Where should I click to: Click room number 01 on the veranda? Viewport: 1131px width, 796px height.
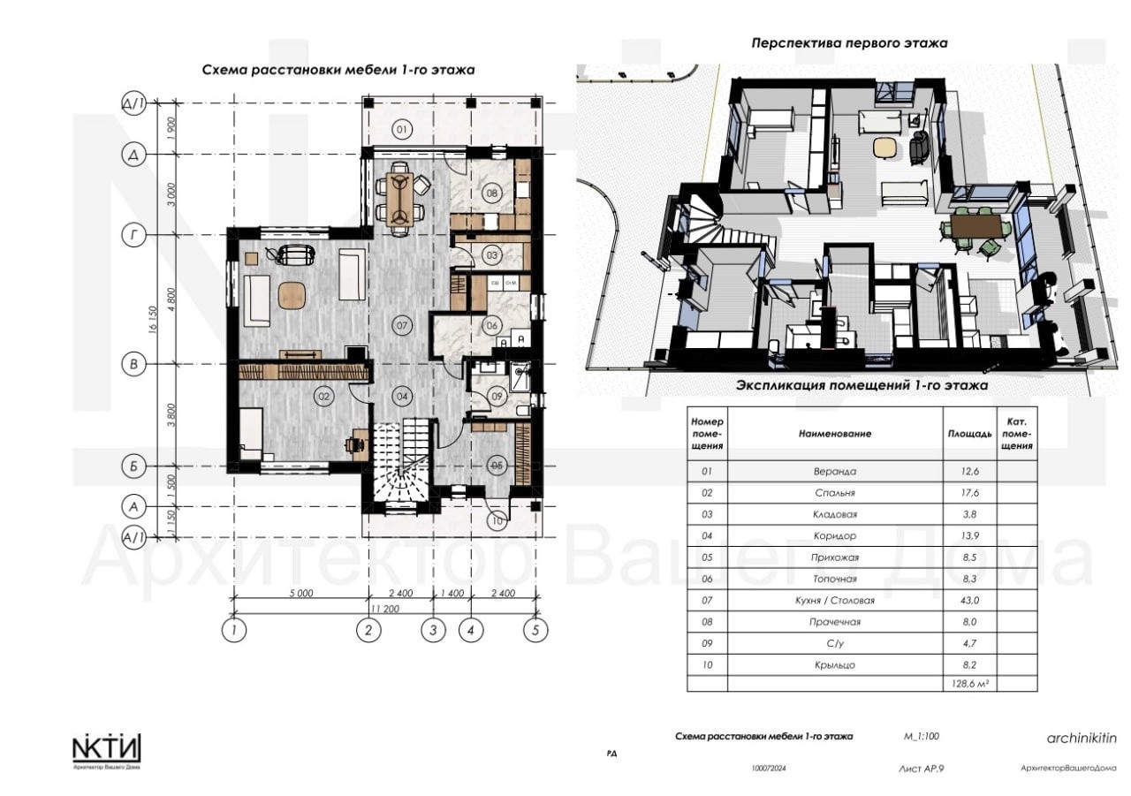(400, 131)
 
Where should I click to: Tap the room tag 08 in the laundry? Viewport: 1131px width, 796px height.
(492, 193)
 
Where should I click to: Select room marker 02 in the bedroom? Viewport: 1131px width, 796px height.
(324, 398)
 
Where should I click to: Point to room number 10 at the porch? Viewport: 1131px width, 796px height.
(497, 521)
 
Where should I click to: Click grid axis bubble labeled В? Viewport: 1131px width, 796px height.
(133, 363)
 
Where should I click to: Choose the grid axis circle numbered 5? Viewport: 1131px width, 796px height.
(534, 630)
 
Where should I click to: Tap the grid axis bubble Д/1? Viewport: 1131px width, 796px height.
(133, 104)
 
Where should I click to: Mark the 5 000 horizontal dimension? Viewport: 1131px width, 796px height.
(300, 595)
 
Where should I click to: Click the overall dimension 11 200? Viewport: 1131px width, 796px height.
(383, 609)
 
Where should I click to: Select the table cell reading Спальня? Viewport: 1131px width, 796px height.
(834, 493)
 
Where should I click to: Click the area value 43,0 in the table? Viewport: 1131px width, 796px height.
(969, 601)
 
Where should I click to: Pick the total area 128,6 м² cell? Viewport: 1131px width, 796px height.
(969, 683)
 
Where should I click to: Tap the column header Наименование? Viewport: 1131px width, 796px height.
(834, 434)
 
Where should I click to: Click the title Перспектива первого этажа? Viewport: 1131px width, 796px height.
(849, 42)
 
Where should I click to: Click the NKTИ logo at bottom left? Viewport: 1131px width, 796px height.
(106, 750)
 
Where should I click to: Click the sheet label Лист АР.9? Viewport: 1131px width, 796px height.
(922, 769)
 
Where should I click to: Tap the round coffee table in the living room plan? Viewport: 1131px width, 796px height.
(291, 294)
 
